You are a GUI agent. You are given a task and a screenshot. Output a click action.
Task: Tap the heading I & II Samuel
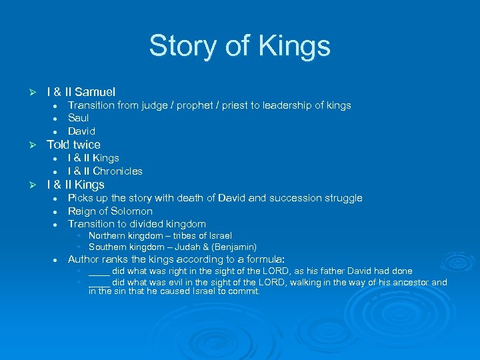pos(81,92)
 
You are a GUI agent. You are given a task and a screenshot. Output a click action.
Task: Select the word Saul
pos(79,118)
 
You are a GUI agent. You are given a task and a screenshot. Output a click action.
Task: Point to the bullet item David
pos(81,131)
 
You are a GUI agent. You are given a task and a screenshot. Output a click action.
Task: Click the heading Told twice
pos(73,145)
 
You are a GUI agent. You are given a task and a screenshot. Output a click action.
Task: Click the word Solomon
pos(132,211)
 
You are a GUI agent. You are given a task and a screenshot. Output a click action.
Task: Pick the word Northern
pos(107,235)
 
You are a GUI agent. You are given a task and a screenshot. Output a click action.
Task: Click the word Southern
pos(107,247)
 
